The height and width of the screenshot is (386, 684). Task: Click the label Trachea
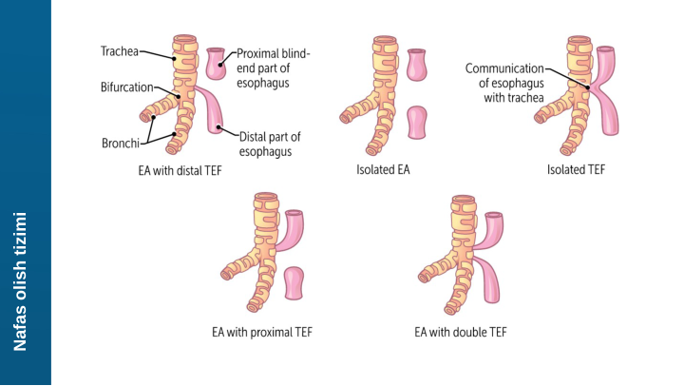[x=119, y=51]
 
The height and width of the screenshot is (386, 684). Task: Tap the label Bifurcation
[x=126, y=87]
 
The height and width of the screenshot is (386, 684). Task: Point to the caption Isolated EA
[x=389, y=171]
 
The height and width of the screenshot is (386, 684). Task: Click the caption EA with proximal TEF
[x=262, y=333]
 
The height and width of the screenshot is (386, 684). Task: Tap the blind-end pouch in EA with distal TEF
[x=218, y=65]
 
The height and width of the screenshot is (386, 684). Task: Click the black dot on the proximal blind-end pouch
[x=221, y=62]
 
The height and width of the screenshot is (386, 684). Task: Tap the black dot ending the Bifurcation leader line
[x=178, y=96]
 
